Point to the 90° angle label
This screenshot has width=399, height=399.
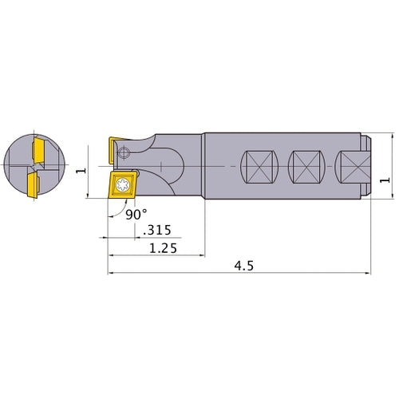[136, 215]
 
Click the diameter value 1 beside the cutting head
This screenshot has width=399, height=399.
[79, 171]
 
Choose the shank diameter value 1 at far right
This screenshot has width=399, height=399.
[387, 180]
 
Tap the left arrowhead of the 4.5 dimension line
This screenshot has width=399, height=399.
[110, 275]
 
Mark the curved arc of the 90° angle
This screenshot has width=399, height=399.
[117, 211]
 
